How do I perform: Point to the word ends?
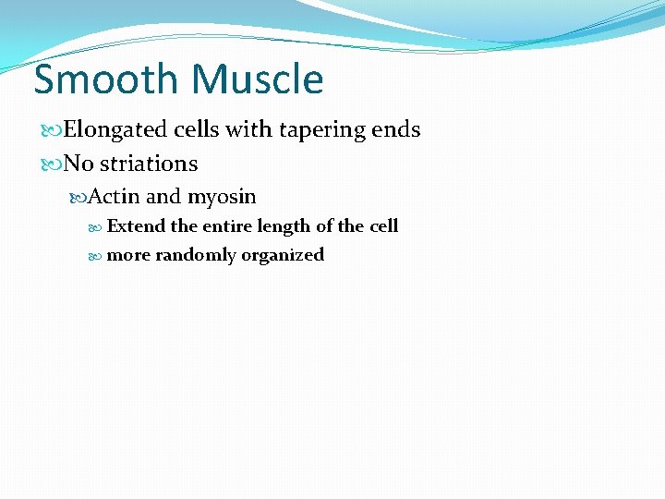[x=396, y=129]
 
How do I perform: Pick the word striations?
[x=149, y=164]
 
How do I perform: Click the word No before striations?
[x=79, y=164]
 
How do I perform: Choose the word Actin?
[x=115, y=196]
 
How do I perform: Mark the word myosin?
[x=222, y=197]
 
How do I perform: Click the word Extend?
[x=137, y=225]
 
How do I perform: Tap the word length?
[x=285, y=226]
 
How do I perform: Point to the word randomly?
[x=196, y=255]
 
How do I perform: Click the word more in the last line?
[x=128, y=255]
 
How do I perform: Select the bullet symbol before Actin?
[x=79, y=197]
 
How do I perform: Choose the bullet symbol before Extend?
[x=99, y=226]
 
